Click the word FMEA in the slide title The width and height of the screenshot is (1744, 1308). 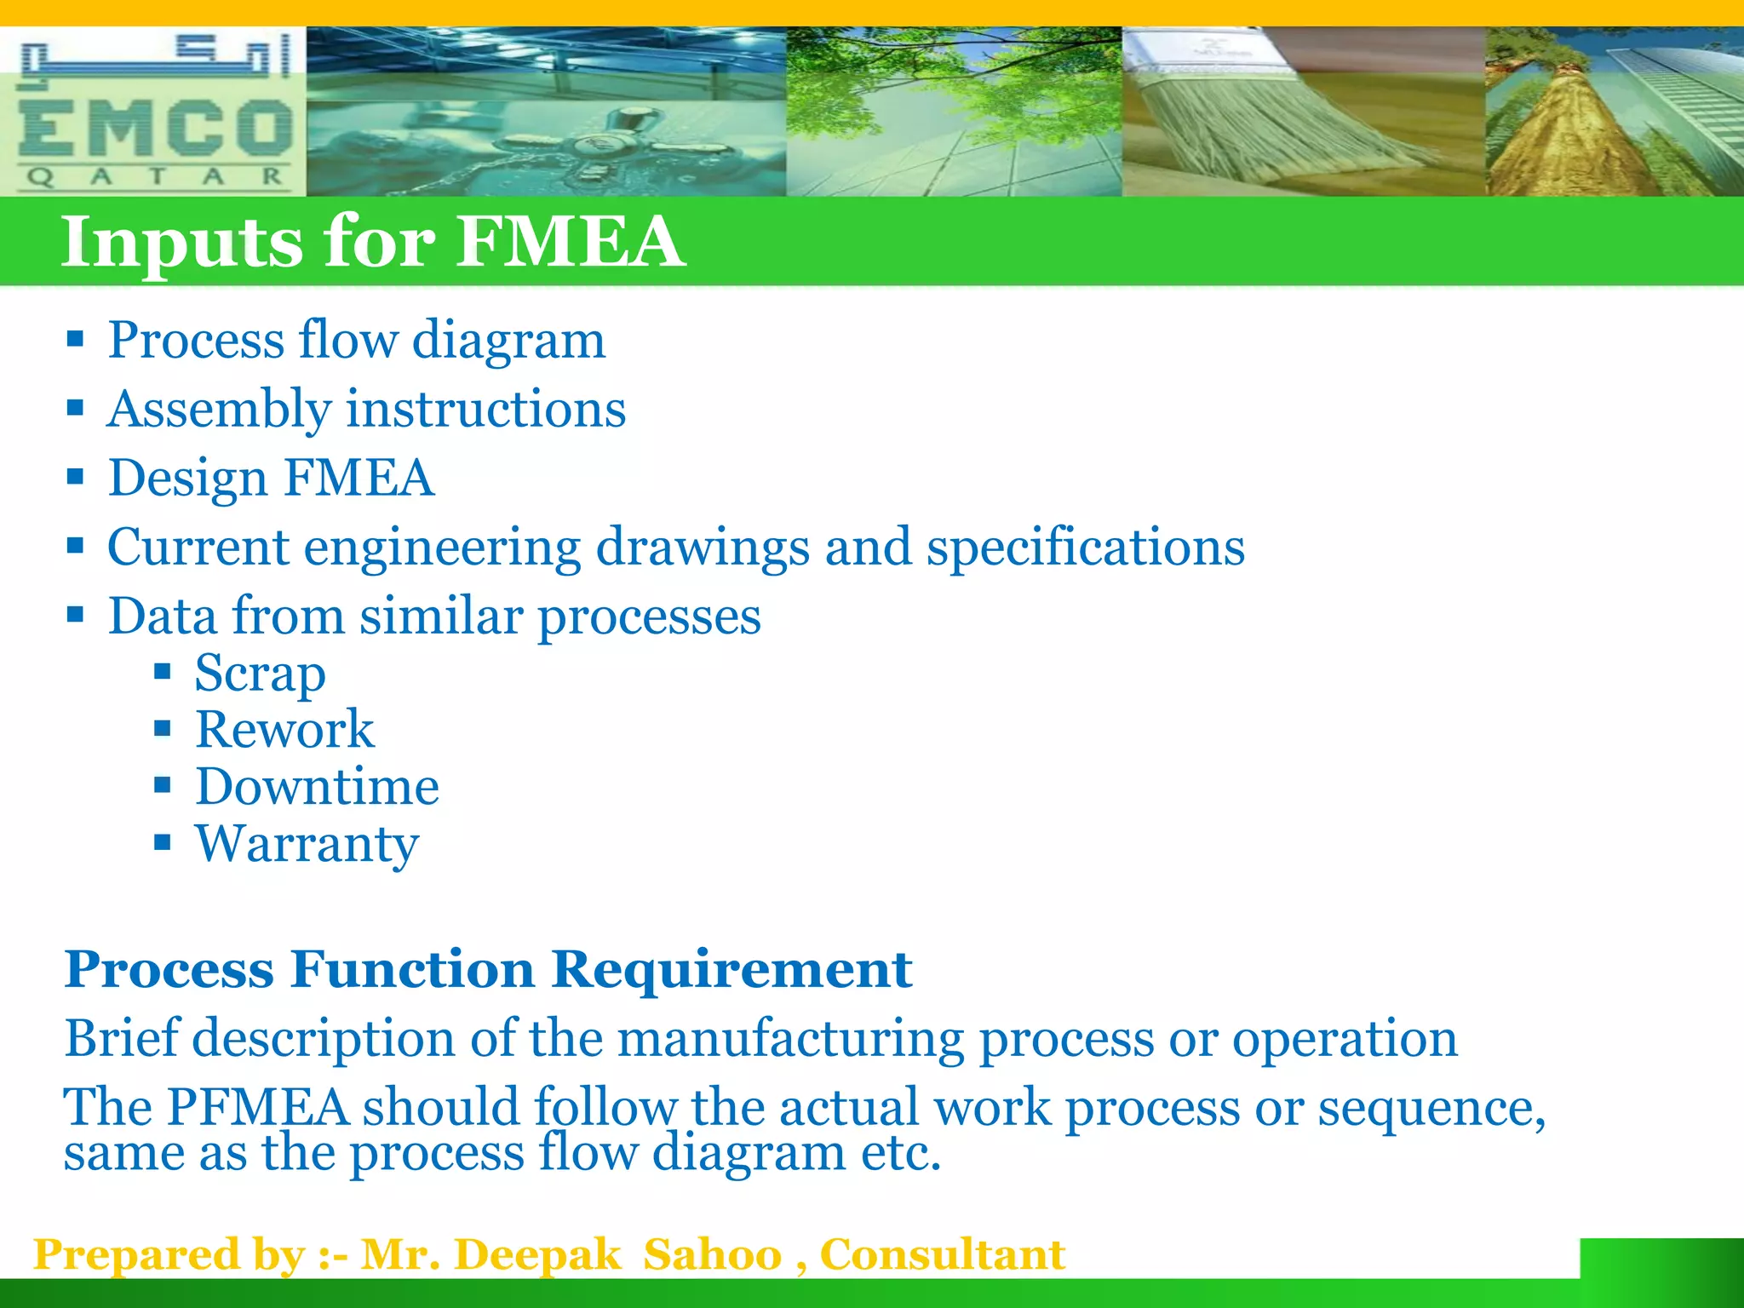click(570, 242)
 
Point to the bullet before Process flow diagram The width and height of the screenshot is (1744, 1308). click(75, 340)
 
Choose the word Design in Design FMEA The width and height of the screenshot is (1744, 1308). click(188, 479)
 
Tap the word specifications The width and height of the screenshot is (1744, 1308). click(1086, 548)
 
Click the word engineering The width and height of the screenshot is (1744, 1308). click(442, 548)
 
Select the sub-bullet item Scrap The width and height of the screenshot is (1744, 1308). click(260, 674)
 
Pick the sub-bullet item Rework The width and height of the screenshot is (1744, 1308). click(284, 730)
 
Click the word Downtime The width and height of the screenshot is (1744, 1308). click(317, 786)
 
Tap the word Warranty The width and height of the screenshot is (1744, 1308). click(307, 844)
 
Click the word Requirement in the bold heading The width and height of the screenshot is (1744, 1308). click(731, 969)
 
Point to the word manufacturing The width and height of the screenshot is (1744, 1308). click(791, 1039)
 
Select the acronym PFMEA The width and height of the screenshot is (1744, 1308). click(257, 1107)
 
